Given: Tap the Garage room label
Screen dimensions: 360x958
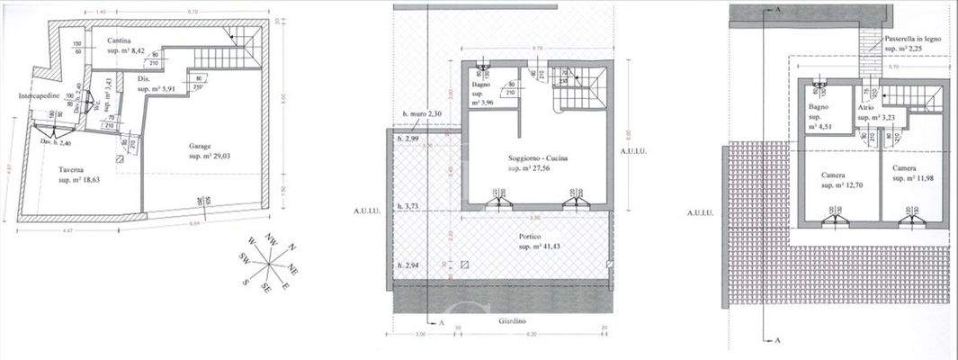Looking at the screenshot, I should tap(200, 146).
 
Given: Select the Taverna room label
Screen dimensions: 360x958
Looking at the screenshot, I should tap(72, 170).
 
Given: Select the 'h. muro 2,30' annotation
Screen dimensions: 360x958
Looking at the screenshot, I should tap(423, 113).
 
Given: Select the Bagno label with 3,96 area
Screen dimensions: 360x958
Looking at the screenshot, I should tap(482, 85).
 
